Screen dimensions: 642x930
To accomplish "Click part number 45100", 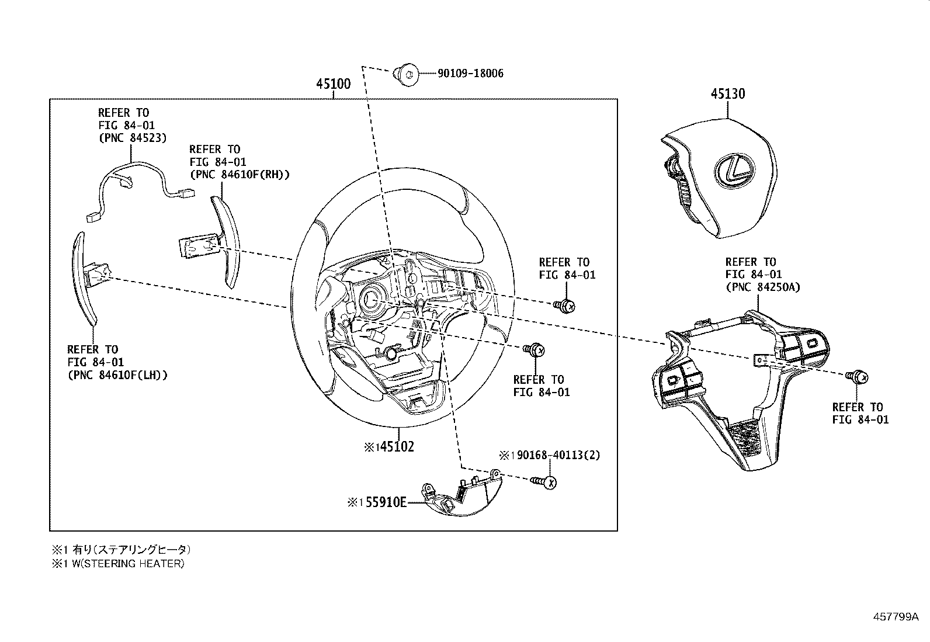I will pyautogui.click(x=333, y=84).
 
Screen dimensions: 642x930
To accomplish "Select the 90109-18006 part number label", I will pyautogui.click(x=470, y=74).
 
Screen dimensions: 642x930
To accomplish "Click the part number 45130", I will pyautogui.click(x=727, y=93).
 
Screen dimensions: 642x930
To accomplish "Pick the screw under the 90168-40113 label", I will pyautogui.click(x=544, y=482).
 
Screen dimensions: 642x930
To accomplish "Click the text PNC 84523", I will pyautogui.click(x=132, y=138).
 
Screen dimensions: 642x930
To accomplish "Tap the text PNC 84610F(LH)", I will pyautogui.click(x=117, y=375).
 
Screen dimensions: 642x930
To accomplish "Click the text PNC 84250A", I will pyautogui.click(x=762, y=287).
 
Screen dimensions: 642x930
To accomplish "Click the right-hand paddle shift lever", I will pyautogui.click(x=225, y=240).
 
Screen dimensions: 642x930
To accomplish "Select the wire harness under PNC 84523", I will pyautogui.click(x=131, y=181).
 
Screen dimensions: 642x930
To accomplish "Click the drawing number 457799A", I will pyautogui.click(x=896, y=617).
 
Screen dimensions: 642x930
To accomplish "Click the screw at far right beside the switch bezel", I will pyautogui.click(x=858, y=377).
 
